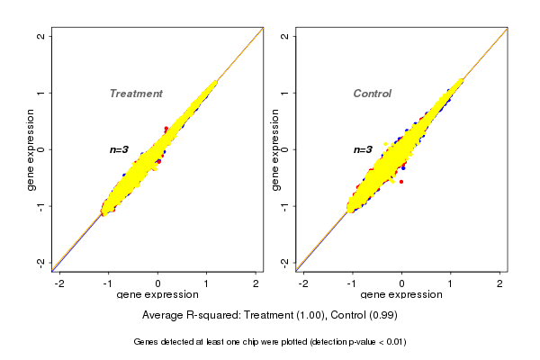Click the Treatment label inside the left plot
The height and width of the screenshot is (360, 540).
pos(136,94)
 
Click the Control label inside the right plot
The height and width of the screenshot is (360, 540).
pos(373,94)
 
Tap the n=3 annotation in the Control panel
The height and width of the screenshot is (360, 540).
pos(364,149)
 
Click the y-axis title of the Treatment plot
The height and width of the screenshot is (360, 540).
pos(31,149)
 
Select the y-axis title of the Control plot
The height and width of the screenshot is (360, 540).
pos(274,149)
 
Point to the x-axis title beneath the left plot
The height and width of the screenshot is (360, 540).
pos(157,295)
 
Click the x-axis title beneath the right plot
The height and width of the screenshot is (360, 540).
pos(400,295)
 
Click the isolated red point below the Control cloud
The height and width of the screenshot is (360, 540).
pos(400,182)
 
